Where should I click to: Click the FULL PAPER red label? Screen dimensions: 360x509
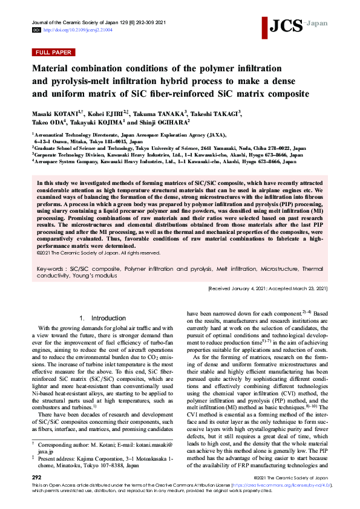tap(54, 53)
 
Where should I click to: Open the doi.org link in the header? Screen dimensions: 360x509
tap(74, 29)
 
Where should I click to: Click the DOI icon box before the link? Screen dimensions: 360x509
tap(36, 29)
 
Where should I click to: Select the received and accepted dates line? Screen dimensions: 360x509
tap(268, 289)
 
